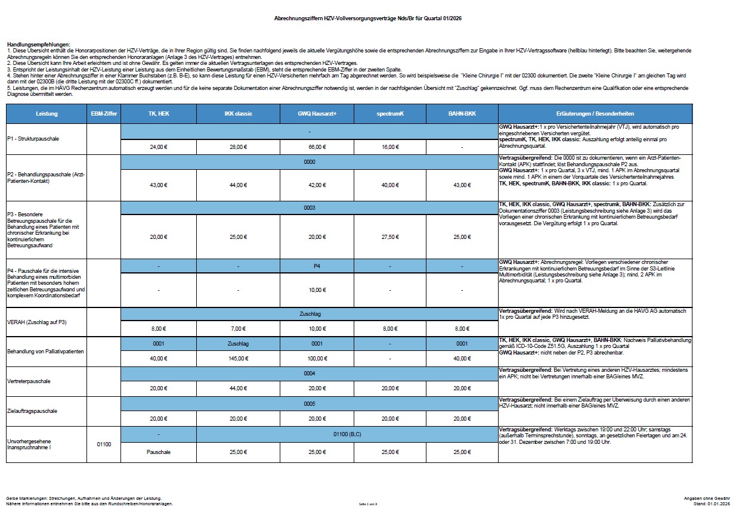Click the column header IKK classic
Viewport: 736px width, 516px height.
pos(237,113)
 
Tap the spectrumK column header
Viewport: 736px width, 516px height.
pos(390,113)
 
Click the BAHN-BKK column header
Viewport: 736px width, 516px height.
pos(462,113)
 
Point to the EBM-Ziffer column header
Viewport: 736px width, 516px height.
pos(104,113)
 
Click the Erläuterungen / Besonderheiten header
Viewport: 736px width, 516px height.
pos(595,113)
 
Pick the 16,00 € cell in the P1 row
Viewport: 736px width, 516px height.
pos(390,147)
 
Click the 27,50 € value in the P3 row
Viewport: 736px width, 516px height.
pos(390,237)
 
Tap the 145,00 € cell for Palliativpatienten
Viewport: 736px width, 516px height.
pos(237,358)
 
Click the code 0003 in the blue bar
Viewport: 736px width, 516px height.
pos(310,207)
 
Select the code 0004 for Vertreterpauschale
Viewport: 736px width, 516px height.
pos(310,374)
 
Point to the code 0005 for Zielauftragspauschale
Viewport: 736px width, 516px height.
pos(310,403)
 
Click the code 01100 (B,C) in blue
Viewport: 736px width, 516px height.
pos(347,434)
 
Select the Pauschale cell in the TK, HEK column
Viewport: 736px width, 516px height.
pos(159,452)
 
